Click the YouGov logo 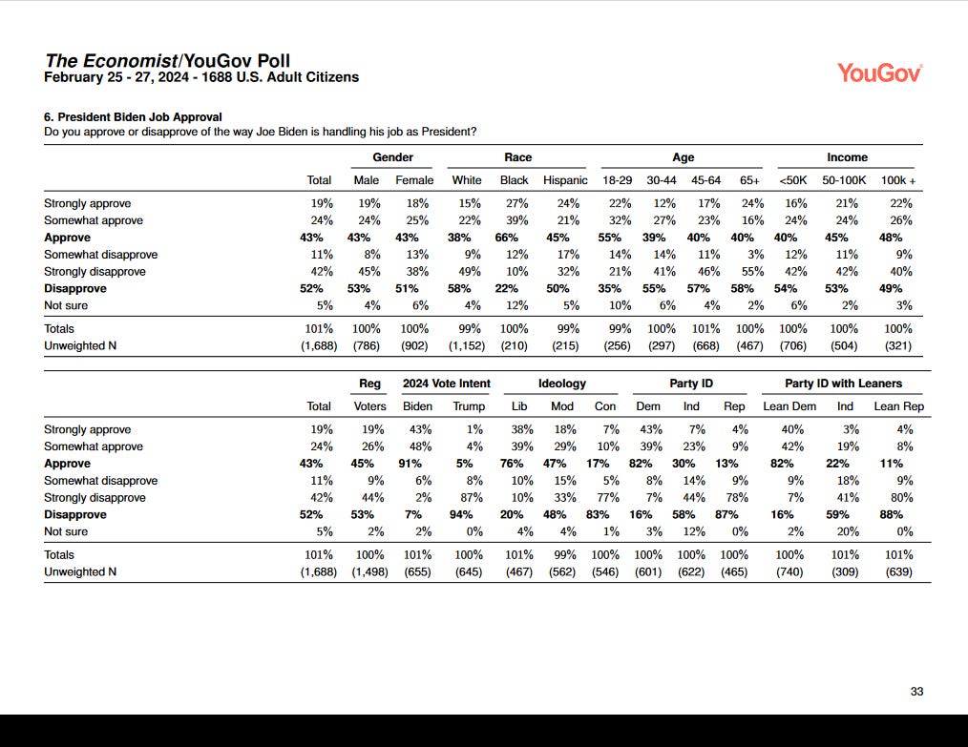point(878,73)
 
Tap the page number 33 point(916,692)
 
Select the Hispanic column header point(565,180)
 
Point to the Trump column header point(468,406)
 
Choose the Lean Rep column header point(899,406)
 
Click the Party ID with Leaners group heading point(843,384)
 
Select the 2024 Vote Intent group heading point(446,384)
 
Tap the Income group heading point(847,157)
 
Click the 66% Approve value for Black point(515,238)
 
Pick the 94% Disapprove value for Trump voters point(468,514)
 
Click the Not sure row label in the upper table point(66,305)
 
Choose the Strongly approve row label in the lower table point(87,429)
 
